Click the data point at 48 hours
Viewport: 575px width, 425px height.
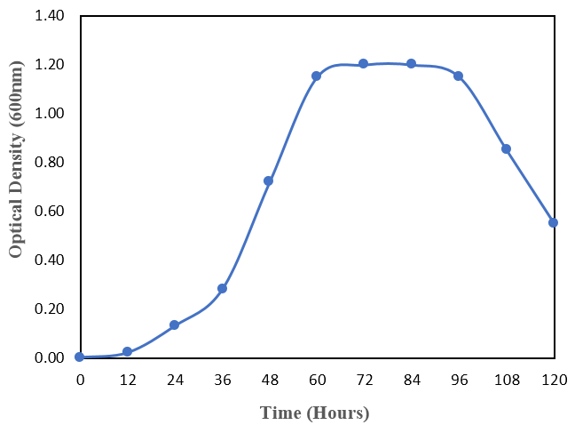coord(269,180)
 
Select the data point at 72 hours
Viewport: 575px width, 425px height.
coord(363,63)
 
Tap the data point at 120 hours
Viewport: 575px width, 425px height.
coord(553,222)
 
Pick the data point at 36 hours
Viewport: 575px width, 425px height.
coord(222,288)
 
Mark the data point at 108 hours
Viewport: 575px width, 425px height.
coord(506,148)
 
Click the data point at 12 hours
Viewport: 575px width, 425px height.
coord(127,352)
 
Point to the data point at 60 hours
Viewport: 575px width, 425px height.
coord(316,76)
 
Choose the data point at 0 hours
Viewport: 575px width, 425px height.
coord(80,357)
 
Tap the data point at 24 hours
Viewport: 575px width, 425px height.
coord(175,325)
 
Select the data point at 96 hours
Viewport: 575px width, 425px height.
coord(458,76)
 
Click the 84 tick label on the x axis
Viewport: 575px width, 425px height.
coord(411,381)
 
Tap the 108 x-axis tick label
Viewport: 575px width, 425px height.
coord(506,381)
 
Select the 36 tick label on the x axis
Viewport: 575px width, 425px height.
coord(222,381)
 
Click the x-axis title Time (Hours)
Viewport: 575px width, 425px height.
coord(314,413)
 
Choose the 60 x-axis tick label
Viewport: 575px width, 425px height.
coord(316,381)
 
